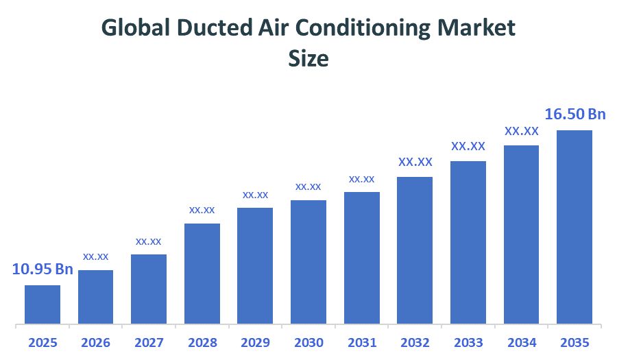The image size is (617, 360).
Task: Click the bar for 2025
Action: pos(43,304)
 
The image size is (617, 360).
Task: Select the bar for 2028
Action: pos(202,273)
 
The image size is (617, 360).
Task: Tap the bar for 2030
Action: pos(308,261)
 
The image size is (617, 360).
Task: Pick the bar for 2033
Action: pos(468,242)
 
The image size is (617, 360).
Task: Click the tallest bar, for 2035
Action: pos(574,226)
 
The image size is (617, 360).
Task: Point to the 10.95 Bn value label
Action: pos(43,269)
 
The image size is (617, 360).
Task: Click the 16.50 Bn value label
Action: pos(574,114)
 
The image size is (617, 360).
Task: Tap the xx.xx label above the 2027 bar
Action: pos(149,241)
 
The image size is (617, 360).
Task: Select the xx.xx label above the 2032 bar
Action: pos(415,163)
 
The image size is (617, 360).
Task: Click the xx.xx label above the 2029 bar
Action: pos(255,195)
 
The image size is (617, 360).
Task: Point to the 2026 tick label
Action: pos(96,342)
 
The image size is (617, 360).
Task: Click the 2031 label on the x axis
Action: pos(361,342)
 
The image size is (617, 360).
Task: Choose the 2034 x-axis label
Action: pos(521,342)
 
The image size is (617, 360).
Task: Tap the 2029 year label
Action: pos(255,342)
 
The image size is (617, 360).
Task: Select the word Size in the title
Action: pos(308,59)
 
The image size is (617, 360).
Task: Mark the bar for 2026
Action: pos(96,296)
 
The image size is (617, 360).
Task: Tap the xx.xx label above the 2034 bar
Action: pos(521,131)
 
